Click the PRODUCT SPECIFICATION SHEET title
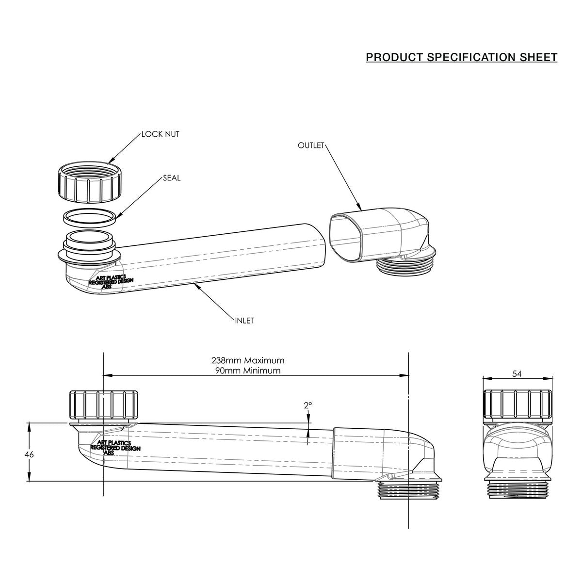coord(461,57)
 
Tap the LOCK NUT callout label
coord(161,134)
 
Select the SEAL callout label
coord(172,178)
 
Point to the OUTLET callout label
coord(311,145)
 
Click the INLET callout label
coord(244,321)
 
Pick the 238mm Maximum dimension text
coord(248,360)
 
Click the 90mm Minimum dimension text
coord(248,371)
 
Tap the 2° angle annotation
coord(308,405)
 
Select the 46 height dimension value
coord(29,454)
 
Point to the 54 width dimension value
coord(517,374)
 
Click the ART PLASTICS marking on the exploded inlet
coord(111,277)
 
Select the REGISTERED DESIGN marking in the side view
coord(115,448)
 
